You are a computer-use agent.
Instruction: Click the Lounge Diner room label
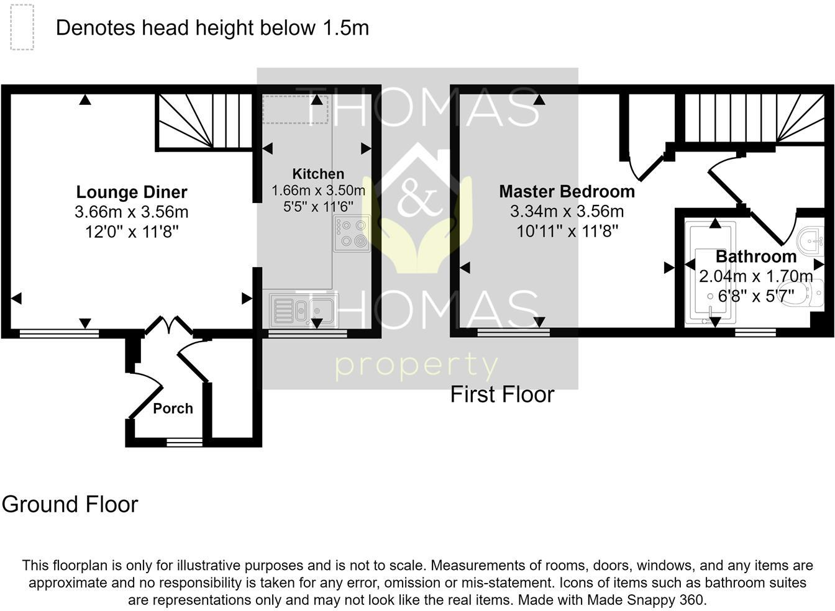tap(132, 192)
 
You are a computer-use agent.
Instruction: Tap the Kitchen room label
tap(318, 174)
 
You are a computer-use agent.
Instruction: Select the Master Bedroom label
tap(567, 191)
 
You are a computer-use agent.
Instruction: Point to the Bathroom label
tap(755, 256)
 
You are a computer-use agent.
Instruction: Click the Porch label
tap(173, 409)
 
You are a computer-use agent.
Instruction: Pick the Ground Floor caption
tap(70, 504)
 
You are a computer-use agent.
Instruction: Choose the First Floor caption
tap(502, 394)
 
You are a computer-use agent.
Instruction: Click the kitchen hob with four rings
tap(352, 233)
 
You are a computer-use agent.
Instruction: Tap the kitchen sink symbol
tap(304, 310)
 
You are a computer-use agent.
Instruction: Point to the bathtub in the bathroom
tap(710, 273)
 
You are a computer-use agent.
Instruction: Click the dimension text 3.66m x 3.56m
tap(132, 212)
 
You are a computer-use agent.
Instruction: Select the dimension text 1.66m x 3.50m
tap(318, 191)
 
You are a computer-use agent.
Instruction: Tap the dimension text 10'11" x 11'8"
tap(567, 232)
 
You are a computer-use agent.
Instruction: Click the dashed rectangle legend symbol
tap(22, 27)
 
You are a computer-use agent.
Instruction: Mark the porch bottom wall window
tap(185, 443)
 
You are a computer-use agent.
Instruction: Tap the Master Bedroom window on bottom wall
tap(513, 333)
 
